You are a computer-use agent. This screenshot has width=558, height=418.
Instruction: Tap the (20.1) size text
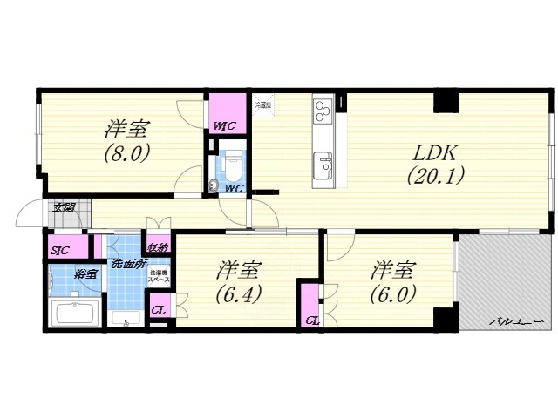pos(435,174)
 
